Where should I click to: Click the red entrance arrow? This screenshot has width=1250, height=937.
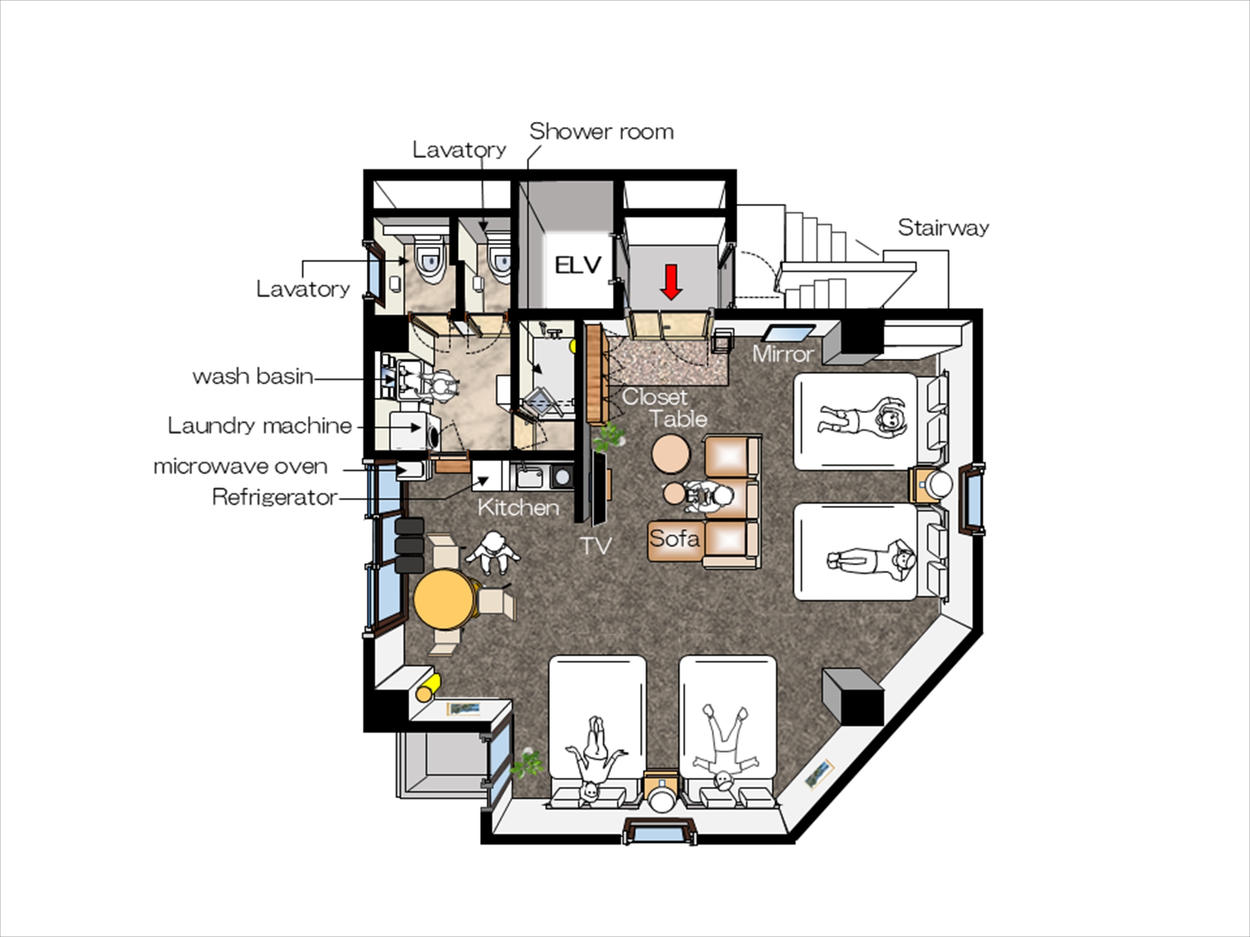[671, 282]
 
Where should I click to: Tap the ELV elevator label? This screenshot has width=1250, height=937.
[578, 265]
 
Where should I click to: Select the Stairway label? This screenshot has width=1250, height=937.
[943, 228]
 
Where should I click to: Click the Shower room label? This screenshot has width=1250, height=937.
[601, 131]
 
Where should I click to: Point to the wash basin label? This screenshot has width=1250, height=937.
[253, 376]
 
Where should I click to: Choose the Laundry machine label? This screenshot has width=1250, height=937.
[260, 425]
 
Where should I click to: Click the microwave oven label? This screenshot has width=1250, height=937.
[240, 467]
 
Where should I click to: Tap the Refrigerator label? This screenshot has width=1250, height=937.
[275, 497]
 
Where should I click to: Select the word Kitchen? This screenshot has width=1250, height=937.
[518, 508]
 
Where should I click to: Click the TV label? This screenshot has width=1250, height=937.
[595, 546]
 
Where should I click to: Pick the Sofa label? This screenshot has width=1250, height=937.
[674, 539]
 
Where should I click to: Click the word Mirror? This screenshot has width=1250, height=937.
[783, 354]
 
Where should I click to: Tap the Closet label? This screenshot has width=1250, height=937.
[654, 397]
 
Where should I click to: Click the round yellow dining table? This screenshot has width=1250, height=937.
[445, 599]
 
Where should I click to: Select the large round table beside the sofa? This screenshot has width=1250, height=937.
[671, 454]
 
